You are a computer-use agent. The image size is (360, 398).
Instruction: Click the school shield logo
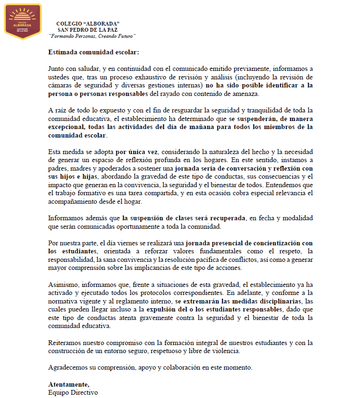tap(23, 21)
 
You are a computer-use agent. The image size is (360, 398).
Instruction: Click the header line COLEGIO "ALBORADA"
tap(88, 23)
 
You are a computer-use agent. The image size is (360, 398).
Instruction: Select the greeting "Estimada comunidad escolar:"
tap(94, 52)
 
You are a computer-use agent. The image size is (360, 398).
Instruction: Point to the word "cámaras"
tap(60, 86)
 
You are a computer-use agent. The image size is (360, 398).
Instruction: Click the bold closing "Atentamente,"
tap(69, 384)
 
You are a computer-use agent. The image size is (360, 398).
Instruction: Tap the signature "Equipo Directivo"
tap(73, 392)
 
